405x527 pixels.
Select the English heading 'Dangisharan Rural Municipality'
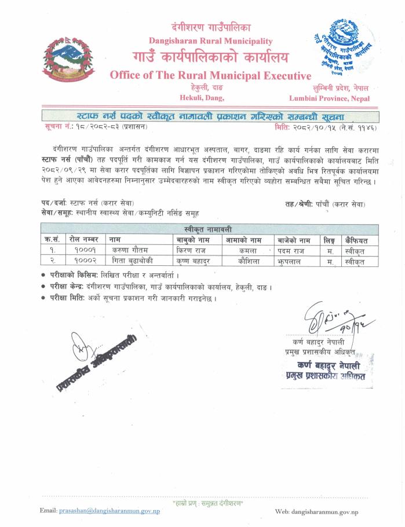(x=210, y=41)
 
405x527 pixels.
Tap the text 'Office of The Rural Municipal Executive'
(x=210, y=75)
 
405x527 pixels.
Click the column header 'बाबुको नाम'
(x=195, y=240)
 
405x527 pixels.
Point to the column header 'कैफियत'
(x=356, y=240)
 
